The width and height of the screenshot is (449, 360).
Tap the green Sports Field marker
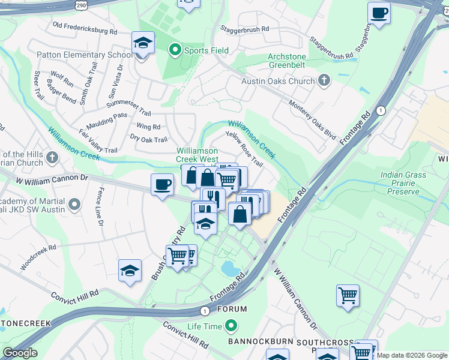point(175,50)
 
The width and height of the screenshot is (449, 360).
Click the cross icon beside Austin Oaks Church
point(324,80)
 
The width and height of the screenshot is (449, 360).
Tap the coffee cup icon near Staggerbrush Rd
point(379,13)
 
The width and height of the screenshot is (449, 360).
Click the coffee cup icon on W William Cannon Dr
point(161,184)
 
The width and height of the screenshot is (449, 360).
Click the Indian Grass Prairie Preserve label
point(408,184)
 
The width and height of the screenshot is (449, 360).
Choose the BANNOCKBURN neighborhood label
point(259,342)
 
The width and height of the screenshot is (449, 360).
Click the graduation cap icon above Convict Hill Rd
point(130,270)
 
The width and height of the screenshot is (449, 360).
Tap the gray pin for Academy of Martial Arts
point(74,206)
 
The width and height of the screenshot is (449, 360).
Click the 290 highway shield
point(81,4)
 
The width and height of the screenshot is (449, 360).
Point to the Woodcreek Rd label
point(38,256)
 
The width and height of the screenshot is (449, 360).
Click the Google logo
point(20,353)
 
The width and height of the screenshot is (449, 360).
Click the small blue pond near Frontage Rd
point(230,268)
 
